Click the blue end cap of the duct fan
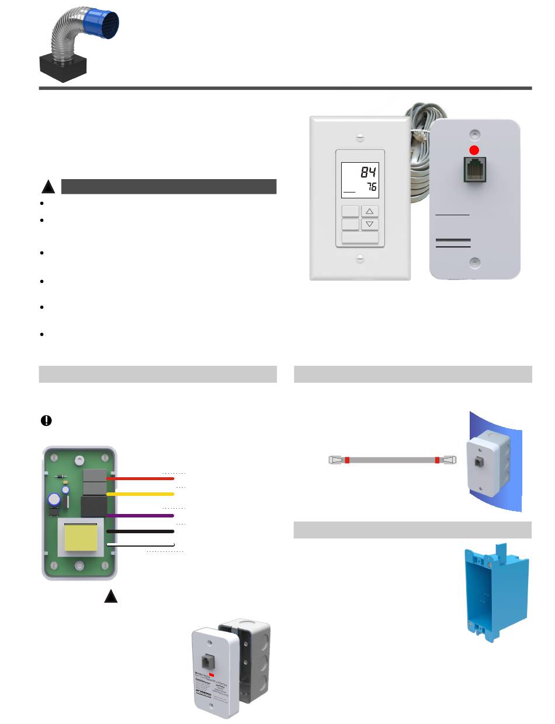click(x=103, y=28)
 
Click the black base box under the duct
click(x=63, y=69)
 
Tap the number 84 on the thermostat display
click(x=368, y=172)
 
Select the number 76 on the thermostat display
click(x=370, y=187)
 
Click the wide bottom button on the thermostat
click(x=360, y=237)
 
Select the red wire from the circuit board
click(x=140, y=478)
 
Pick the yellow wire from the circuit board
click(x=140, y=494)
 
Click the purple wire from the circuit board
click(x=140, y=516)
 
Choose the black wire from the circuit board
click(x=140, y=531)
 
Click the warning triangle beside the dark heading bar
click(x=48, y=187)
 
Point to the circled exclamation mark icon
click(x=46, y=421)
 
